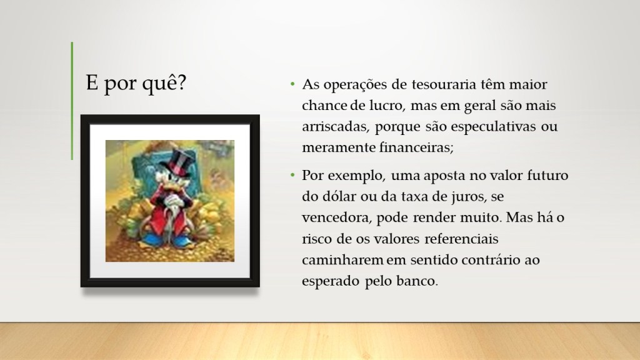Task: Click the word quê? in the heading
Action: point(164,83)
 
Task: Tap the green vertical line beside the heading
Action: point(72,101)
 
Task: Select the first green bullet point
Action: point(292,84)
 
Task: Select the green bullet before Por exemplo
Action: point(292,175)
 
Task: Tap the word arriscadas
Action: point(336,127)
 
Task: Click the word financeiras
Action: point(416,147)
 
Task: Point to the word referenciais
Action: point(461,239)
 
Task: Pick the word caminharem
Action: point(342,260)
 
